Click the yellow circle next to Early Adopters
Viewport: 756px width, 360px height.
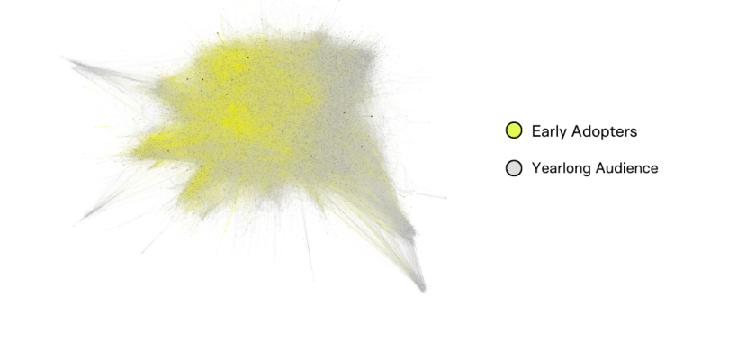tap(514, 130)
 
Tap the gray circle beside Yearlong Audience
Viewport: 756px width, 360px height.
tap(514, 168)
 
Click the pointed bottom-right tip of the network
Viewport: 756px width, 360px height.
tap(423, 290)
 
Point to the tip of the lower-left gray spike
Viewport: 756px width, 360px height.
tap(83, 219)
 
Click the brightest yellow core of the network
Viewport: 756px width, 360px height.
tap(235, 121)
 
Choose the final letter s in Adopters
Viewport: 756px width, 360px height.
tap(634, 133)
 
